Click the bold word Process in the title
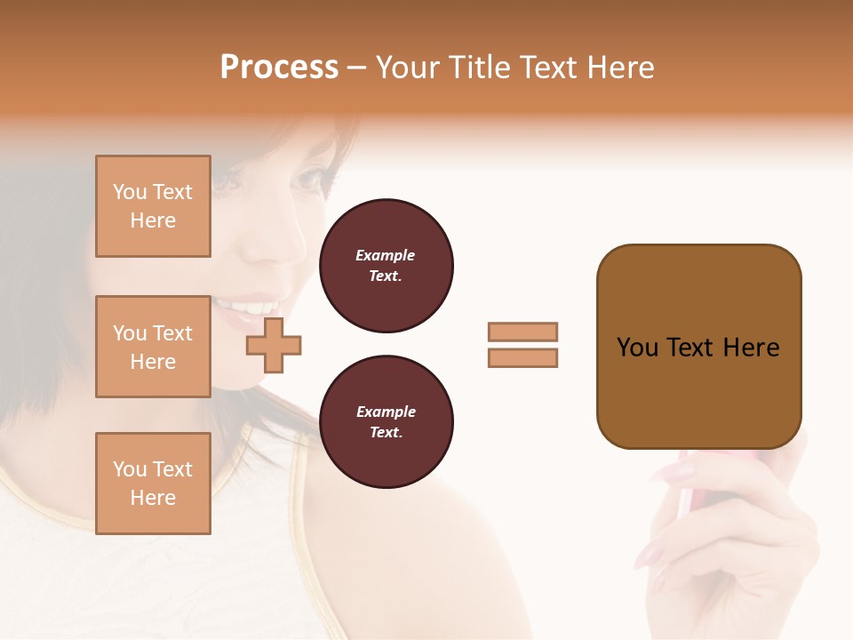coord(279,68)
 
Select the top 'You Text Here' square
coord(153,206)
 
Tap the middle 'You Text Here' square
coord(153,347)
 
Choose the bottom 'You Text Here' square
coord(153,484)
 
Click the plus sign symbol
coord(274,347)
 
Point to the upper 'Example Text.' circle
coord(386,266)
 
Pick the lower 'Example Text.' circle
coord(386,422)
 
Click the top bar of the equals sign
coord(522,332)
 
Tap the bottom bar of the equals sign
coord(522,358)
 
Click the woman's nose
coord(284,240)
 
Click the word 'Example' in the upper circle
coord(386,256)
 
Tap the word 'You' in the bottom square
coord(130,469)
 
